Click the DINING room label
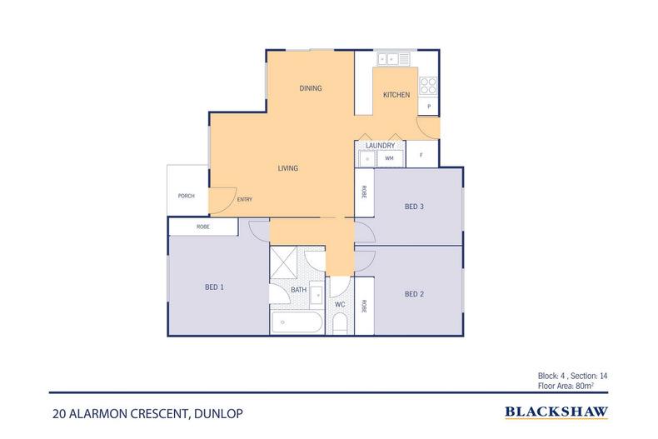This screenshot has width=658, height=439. (x=311, y=88)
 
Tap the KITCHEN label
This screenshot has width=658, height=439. (x=396, y=95)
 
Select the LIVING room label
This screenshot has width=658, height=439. (x=287, y=168)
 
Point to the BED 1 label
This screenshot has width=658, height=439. (x=214, y=287)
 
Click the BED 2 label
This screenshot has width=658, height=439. (x=415, y=293)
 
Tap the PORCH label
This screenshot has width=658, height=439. (x=187, y=196)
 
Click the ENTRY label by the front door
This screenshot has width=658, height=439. (x=245, y=199)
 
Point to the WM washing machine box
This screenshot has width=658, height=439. (x=389, y=157)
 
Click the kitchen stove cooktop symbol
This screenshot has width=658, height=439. (x=428, y=85)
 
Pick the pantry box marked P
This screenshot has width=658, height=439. (x=428, y=107)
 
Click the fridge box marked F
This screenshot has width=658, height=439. (x=421, y=156)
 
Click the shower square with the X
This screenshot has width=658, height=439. (x=286, y=263)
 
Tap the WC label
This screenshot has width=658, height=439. (x=340, y=305)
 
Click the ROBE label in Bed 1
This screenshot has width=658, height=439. (x=202, y=227)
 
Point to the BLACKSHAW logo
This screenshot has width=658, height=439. (x=556, y=412)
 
